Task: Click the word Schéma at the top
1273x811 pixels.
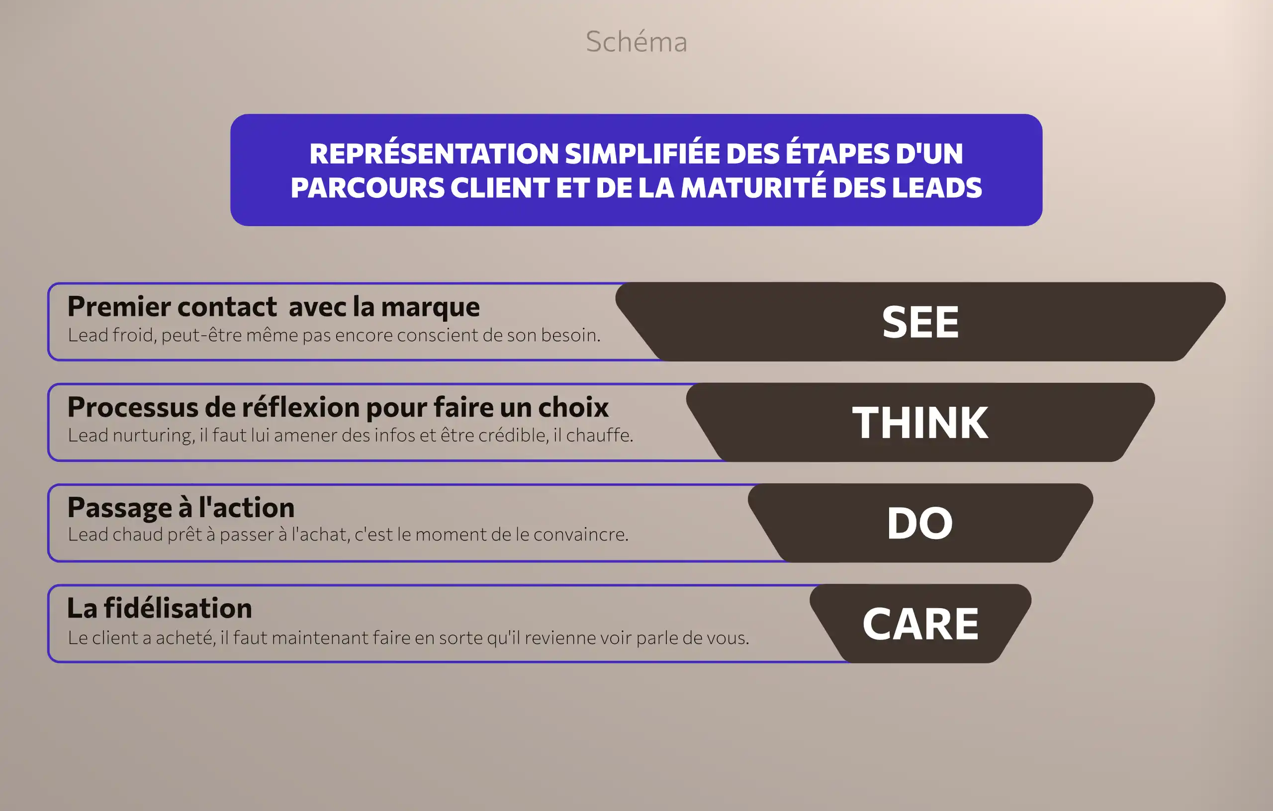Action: (x=636, y=42)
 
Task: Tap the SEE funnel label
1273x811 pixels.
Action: (x=920, y=322)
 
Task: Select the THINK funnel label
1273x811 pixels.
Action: (x=920, y=423)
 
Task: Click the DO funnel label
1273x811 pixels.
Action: (x=920, y=523)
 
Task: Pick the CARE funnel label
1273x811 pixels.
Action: (x=920, y=624)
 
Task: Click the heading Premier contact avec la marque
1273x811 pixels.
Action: (x=273, y=307)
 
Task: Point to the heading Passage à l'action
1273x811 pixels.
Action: (x=181, y=508)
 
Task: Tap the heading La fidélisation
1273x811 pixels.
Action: (x=160, y=608)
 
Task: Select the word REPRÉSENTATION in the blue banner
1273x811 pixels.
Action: (x=434, y=154)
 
